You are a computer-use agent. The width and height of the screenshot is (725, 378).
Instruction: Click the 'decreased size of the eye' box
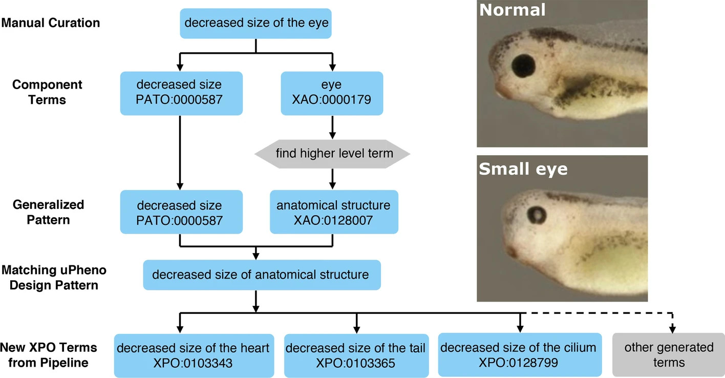[x=256, y=23]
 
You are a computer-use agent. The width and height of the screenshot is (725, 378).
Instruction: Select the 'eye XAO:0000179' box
[x=333, y=93]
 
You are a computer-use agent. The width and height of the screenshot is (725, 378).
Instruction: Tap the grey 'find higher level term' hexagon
[x=333, y=153]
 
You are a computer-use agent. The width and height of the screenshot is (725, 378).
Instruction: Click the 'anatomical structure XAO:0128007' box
[x=333, y=212]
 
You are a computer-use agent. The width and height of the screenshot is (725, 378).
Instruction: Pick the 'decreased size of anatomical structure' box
[x=261, y=275]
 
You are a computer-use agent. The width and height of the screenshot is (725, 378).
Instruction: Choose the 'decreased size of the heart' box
[x=193, y=355]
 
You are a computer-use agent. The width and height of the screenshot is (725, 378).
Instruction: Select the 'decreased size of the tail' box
[x=355, y=355]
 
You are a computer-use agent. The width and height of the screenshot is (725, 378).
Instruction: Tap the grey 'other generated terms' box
[x=669, y=355]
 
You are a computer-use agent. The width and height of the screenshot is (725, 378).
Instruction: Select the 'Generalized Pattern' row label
[x=48, y=212]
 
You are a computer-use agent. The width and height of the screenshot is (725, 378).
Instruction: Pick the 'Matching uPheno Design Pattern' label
[x=54, y=277]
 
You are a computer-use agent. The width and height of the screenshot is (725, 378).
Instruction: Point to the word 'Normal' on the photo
[x=513, y=10]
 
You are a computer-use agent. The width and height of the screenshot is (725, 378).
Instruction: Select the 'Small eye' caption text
[x=523, y=169]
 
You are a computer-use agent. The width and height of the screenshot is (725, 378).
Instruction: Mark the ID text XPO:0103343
[x=193, y=363]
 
